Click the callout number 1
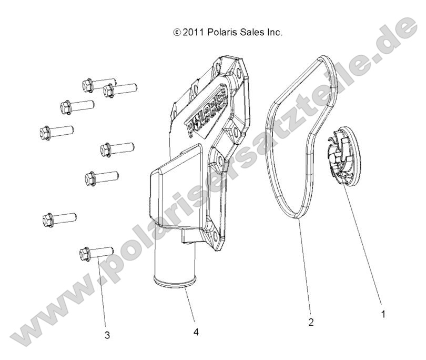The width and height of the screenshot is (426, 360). click(x=383, y=314)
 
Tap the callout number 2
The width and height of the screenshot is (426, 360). click(x=311, y=322)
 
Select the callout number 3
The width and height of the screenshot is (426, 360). click(x=107, y=335)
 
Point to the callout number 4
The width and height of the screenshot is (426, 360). click(x=196, y=332)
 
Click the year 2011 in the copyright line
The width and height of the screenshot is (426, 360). click(x=193, y=32)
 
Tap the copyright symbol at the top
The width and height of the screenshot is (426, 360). click(x=177, y=33)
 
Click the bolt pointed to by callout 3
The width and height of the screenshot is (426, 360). click(x=96, y=253)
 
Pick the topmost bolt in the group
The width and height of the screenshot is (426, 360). click(x=99, y=84)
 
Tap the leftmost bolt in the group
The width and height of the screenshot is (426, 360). click(x=56, y=133)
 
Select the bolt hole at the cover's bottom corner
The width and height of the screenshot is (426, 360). click(x=215, y=235)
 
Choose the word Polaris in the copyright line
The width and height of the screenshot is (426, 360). click(x=222, y=32)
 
